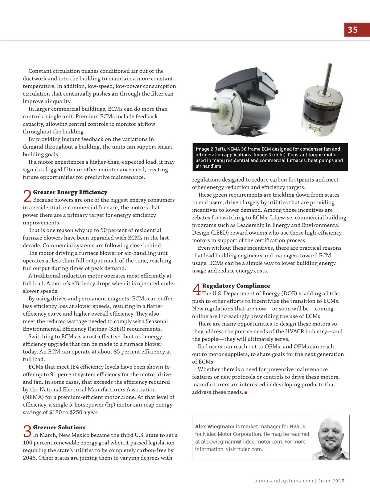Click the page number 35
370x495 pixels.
(x=352, y=30)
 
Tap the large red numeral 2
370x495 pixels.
(x=27, y=196)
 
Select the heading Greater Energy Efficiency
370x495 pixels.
(x=70, y=192)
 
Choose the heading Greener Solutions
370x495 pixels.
(x=59, y=427)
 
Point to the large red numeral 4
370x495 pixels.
(x=196, y=290)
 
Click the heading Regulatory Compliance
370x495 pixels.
(x=236, y=286)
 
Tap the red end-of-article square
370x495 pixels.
(x=246, y=393)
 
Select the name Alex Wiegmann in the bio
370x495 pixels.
(x=215, y=427)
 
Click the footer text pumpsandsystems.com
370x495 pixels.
(x=283, y=481)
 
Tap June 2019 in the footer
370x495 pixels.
(x=331, y=481)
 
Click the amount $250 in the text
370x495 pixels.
(x=76, y=412)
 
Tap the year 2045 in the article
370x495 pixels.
(x=30, y=458)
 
